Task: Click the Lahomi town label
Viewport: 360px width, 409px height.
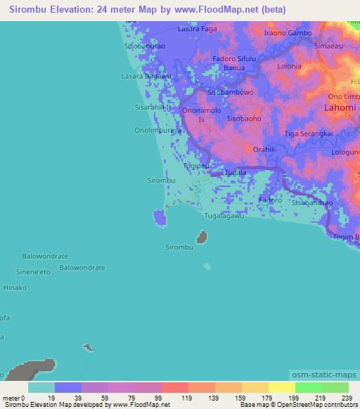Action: tap(340, 108)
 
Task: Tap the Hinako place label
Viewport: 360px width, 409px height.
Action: tap(15, 287)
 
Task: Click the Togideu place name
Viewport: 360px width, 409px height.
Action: tap(195, 166)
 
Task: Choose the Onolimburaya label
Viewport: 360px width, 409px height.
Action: tap(159, 130)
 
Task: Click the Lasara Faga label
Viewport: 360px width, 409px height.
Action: tap(198, 30)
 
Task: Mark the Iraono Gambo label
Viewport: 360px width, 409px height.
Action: tap(288, 33)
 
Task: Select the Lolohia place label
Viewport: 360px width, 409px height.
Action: tap(289, 67)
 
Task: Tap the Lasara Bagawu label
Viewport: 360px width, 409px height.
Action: tap(147, 75)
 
